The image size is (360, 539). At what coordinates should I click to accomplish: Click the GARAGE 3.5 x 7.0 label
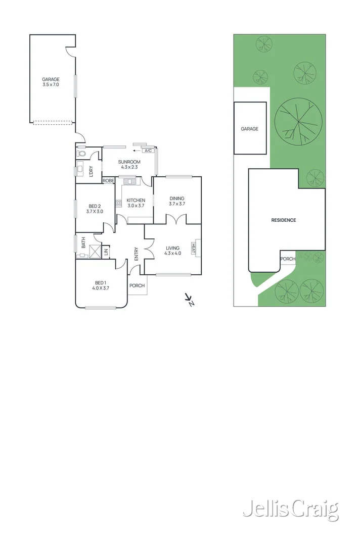51,82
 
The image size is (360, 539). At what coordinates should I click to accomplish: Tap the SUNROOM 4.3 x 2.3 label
128,164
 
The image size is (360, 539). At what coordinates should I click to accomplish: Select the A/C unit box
148,151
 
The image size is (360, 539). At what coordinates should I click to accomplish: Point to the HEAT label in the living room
194,248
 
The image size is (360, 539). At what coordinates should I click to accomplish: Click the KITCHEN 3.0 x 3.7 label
136,203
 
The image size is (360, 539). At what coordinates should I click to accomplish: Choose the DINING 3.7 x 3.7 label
177,201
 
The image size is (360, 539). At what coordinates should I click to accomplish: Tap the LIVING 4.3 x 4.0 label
173,251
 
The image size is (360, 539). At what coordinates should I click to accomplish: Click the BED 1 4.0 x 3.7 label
101,285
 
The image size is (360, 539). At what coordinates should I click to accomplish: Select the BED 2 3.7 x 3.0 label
96,209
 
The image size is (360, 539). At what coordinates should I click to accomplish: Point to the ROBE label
108,180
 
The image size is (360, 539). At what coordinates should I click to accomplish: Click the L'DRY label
92,171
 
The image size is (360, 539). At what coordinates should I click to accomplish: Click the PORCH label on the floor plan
137,285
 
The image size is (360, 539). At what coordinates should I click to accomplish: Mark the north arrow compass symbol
190,300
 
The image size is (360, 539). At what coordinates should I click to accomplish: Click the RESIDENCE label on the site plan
283,220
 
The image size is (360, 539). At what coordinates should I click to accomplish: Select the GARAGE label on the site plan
249,129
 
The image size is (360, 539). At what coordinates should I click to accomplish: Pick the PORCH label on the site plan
288,259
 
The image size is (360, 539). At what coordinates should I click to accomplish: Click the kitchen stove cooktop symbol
119,203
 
